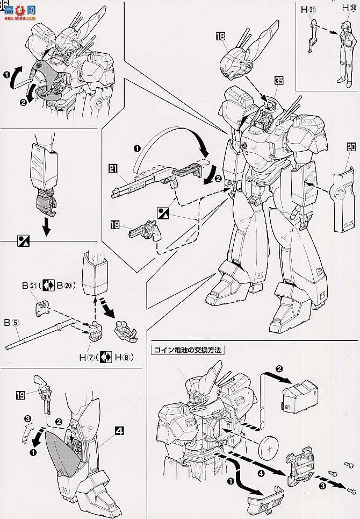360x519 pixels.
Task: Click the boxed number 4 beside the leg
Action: coord(119,430)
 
